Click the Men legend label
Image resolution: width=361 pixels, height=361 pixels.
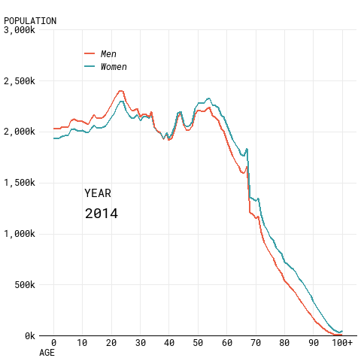(x=108, y=53)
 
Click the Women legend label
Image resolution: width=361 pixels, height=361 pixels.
(x=114, y=67)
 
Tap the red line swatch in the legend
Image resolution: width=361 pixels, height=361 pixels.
(x=89, y=53)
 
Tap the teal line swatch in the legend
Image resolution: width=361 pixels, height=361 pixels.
(x=89, y=66)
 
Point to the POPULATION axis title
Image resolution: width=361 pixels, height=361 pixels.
(x=30, y=21)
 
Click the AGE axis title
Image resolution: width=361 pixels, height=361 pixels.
(x=47, y=353)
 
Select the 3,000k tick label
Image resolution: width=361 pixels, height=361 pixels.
(x=20, y=30)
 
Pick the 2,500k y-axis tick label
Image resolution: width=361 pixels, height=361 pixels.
(x=20, y=81)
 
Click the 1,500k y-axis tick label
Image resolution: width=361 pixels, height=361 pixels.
(x=20, y=183)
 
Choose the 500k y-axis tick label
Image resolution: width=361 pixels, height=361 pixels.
(x=25, y=284)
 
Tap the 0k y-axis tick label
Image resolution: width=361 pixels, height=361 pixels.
(x=30, y=335)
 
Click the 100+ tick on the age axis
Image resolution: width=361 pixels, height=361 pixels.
(x=342, y=342)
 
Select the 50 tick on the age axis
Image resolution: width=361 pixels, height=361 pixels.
(x=198, y=342)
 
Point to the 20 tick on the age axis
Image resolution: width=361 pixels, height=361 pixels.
(x=111, y=342)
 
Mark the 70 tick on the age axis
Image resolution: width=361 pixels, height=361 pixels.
(x=256, y=342)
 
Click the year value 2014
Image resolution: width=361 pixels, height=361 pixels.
(x=102, y=214)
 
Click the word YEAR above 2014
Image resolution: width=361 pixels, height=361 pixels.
(x=98, y=193)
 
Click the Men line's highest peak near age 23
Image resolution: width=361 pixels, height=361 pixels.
(x=121, y=91)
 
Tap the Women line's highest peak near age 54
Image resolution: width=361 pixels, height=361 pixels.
(x=208, y=99)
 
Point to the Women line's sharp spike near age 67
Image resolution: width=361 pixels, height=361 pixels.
(x=247, y=149)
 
